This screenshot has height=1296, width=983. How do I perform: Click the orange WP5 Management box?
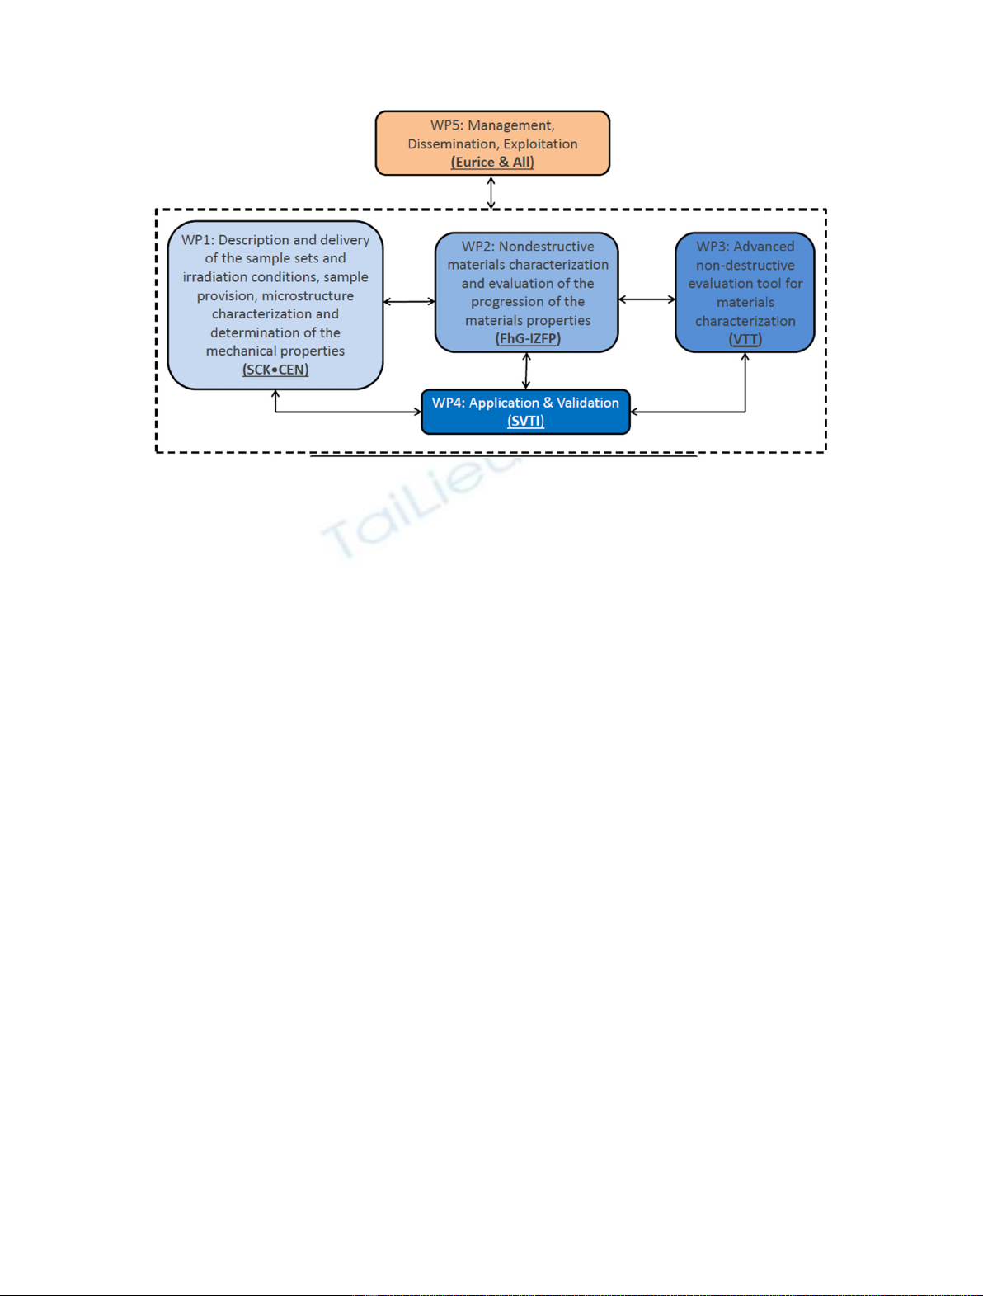(x=492, y=143)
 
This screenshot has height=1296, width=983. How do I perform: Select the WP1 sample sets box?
(x=275, y=305)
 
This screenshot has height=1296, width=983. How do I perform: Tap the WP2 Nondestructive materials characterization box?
(x=527, y=292)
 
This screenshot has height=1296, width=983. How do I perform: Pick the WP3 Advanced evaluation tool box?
(x=745, y=292)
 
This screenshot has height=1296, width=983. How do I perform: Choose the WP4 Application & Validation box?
(x=525, y=412)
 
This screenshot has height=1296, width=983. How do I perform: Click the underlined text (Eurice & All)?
(x=492, y=162)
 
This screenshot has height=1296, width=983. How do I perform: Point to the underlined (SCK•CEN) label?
(x=275, y=370)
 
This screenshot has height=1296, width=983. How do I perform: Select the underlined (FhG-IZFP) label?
(x=528, y=338)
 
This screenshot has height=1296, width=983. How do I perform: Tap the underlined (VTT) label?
(x=745, y=339)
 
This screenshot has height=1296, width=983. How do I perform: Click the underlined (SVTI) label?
(x=525, y=421)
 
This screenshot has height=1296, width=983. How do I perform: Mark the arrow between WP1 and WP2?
(x=410, y=302)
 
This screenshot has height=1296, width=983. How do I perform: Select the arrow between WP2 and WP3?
(x=647, y=299)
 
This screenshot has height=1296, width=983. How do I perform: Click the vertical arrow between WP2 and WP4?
(x=526, y=370)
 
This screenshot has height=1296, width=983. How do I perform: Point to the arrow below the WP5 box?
(x=491, y=192)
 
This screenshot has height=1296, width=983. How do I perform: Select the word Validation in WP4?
(x=588, y=403)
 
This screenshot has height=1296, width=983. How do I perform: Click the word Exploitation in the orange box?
(x=540, y=144)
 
